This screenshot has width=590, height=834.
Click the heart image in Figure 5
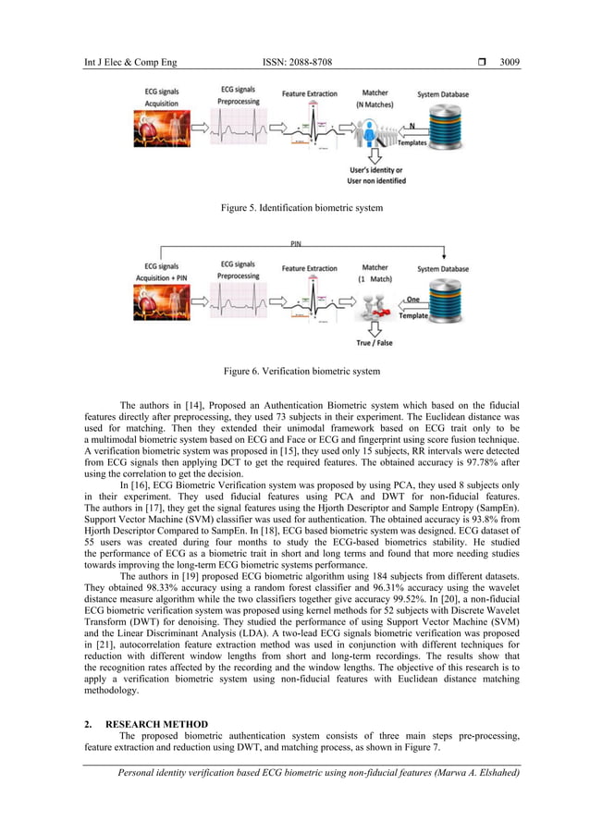pyautogui.click(x=162, y=129)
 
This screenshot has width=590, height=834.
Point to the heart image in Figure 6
pyautogui.click(x=162, y=303)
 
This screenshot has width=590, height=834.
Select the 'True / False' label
pyautogui.click(x=375, y=343)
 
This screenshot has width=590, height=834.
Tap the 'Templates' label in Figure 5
pyautogui.click(x=412, y=143)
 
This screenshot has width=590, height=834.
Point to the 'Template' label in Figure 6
pyautogui.click(x=413, y=315)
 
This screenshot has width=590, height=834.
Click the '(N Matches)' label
pyautogui.click(x=375, y=104)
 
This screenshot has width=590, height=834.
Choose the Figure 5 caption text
pyautogui.click(x=301, y=208)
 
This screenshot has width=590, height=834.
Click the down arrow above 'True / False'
pyautogui.click(x=374, y=325)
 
